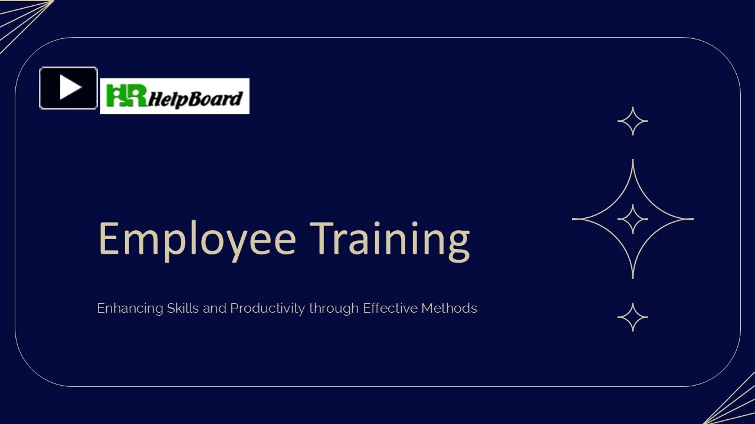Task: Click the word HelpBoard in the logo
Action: pyautogui.click(x=195, y=98)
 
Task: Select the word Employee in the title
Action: pyautogui.click(x=196, y=238)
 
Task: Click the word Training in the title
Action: pyautogui.click(x=390, y=238)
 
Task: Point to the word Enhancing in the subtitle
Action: pyautogui.click(x=130, y=308)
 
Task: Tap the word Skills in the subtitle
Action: pyautogui.click(x=183, y=308)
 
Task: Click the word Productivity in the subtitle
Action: pyautogui.click(x=267, y=308)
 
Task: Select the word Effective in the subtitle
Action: pyautogui.click(x=390, y=308)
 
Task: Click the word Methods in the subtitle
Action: pyautogui.click(x=449, y=308)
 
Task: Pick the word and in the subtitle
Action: pyautogui.click(x=215, y=308)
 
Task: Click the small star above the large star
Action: pyautogui.click(x=633, y=121)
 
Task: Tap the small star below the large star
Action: pyautogui.click(x=633, y=317)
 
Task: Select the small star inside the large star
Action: pyautogui.click(x=633, y=219)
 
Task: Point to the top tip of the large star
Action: pyautogui.click(x=633, y=161)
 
